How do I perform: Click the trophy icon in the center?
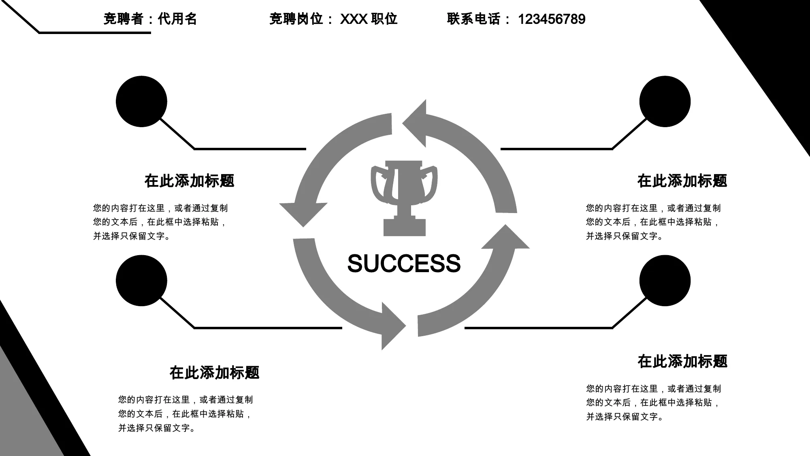pyautogui.click(x=404, y=198)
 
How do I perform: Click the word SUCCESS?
pyautogui.click(x=404, y=264)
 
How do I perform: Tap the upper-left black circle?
pyautogui.click(x=141, y=101)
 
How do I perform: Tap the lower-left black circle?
pyautogui.click(x=141, y=281)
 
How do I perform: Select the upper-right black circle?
pyautogui.click(x=665, y=101)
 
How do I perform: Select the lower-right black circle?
pyautogui.click(x=665, y=281)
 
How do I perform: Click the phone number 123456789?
pyautogui.click(x=552, y=19)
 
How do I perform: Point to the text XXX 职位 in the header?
pyautogui.click(x=369, y=19)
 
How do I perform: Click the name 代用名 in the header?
pyautogui.click(x=177, y=19)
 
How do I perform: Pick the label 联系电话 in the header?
pyautogui.click(x=473, y=19)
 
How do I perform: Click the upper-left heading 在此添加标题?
pyautogui.click(x=190, y=181)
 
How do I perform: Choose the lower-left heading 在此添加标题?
pyautogui.click(x=215, y=373)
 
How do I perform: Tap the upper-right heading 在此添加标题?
pyautogui.click(x=682, y=181)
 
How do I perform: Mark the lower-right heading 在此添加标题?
pyautogui.click(x=682, y=361)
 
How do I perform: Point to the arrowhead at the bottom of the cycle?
pyautogui.click(x=392, y=326)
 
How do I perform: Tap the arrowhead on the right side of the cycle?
pyautogui.click(x=505, y=237)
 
